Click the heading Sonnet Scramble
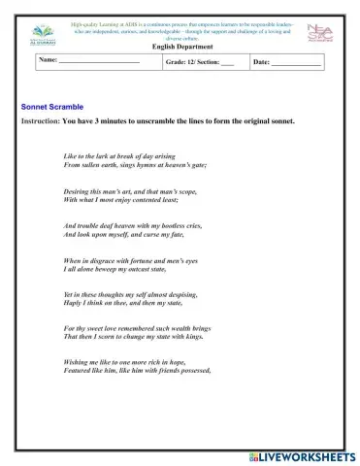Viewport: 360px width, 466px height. (x=51, y=106)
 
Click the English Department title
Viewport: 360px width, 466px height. (x=180, y=46)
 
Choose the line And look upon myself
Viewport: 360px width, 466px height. (x=122, y=234)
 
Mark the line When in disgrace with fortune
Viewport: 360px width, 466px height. (x=130, y=260)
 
